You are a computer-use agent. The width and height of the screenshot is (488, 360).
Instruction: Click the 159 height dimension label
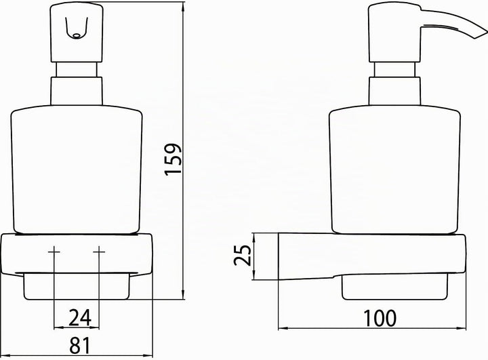173,159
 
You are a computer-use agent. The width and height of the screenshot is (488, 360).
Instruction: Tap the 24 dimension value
80,318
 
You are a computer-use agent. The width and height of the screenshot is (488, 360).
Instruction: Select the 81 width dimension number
80,345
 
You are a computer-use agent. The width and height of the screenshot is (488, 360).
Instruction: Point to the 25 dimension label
242,256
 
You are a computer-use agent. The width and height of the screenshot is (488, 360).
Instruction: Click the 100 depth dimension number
380,318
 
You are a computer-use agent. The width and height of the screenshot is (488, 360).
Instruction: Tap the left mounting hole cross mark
54,252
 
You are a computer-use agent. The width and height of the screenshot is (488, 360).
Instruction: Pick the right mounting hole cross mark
99,252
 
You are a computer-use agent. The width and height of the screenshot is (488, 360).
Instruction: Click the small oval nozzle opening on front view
76,36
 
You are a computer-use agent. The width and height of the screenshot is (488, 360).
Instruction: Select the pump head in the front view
77,33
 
